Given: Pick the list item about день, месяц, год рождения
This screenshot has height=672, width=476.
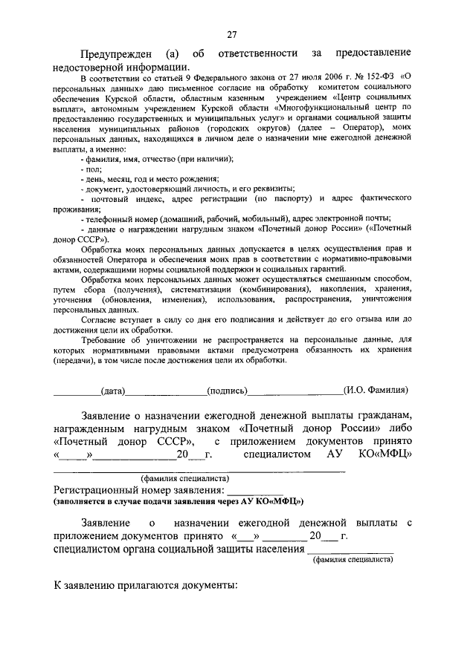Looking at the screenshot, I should tap(149, 180).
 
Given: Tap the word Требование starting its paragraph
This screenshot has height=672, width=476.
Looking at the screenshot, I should tap(106, 339).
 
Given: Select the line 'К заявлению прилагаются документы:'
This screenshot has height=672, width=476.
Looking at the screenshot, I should tap(146, 586).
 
